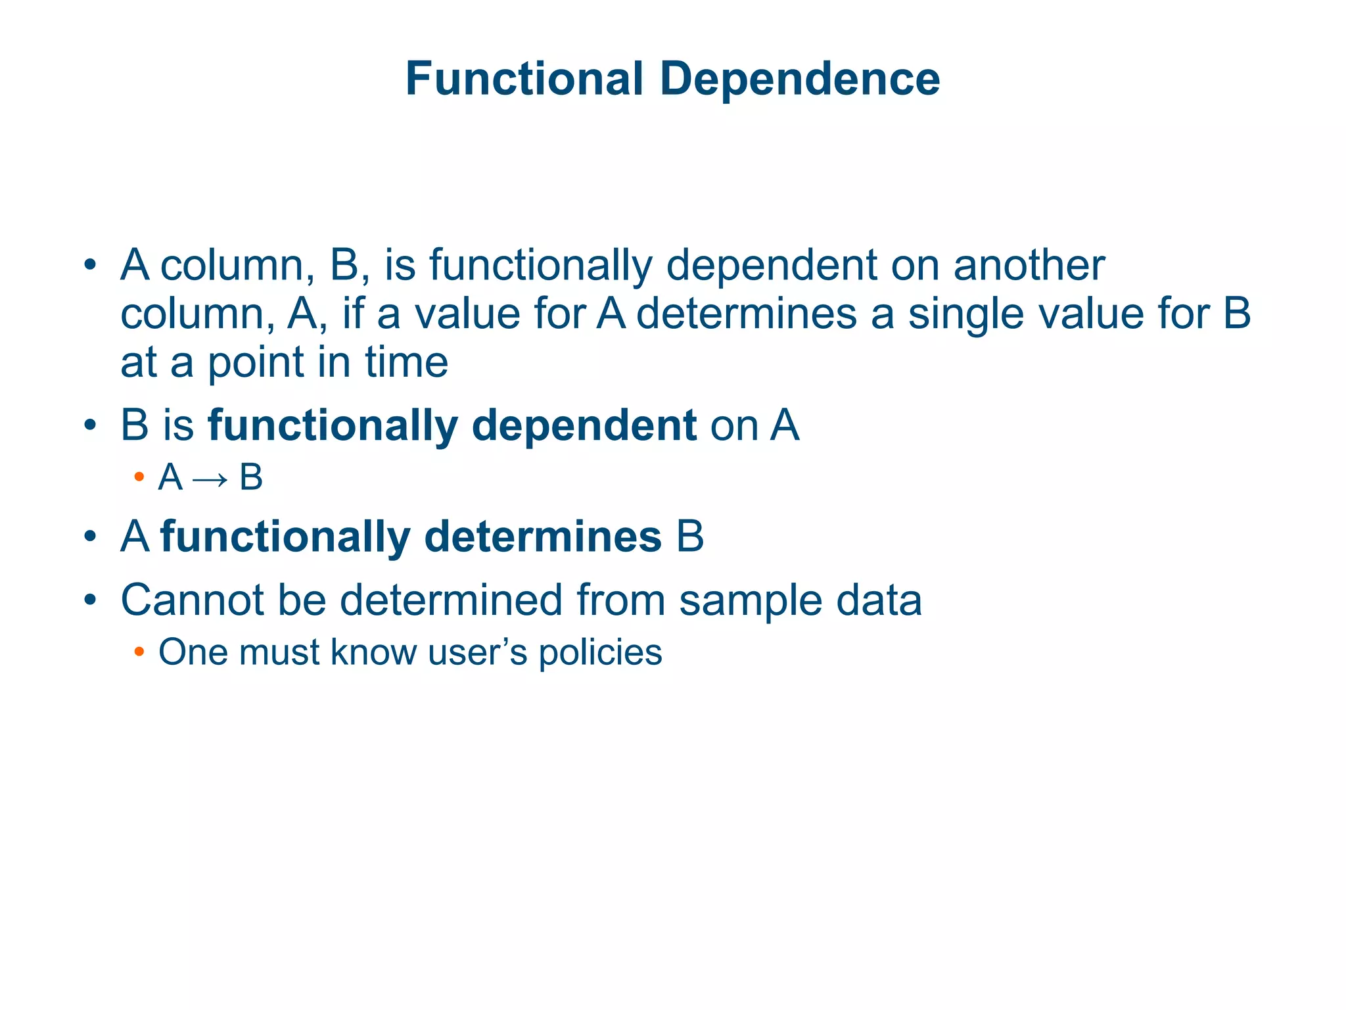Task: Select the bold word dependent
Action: pyautogui.click(x=584, y=425)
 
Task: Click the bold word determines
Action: pyautogui.click(x=542, y=537)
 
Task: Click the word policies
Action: pyautogui.click(x=600, y=653)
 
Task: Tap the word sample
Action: pyautogui.click(x=750, y=601)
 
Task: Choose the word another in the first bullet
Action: pyautogui.click(x=1029, y=266)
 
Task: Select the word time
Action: pyautogui.click(x=407, y=362)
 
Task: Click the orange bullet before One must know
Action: pyautogui.click(x=139, y=652)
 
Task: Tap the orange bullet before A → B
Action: pyautogui.click(x=139, y=477)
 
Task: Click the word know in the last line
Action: pyautogui.click(x=373, y=652)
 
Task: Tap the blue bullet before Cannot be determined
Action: pyautogui.click(x=91, y=601)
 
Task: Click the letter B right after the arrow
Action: pyautogui.click(x=250, y=477)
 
